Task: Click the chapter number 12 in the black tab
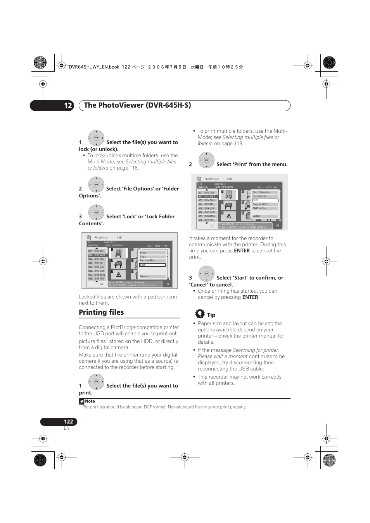68,105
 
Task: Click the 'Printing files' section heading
101,312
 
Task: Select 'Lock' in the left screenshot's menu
152,265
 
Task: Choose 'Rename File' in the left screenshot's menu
152,261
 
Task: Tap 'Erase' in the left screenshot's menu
152,252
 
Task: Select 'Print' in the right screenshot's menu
265,200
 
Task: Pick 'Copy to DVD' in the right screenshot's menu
265,204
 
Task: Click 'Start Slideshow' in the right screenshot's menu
265,192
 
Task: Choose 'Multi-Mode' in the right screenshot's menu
265,208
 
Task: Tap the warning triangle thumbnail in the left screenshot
119,274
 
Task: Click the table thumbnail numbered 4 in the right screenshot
229,206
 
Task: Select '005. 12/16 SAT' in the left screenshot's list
97,267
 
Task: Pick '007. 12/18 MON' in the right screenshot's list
207,216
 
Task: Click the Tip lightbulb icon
200,314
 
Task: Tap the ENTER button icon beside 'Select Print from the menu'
206,160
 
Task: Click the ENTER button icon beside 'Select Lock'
96,213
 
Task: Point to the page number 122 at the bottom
68,422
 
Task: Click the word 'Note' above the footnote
90,401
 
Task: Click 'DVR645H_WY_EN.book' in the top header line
94,67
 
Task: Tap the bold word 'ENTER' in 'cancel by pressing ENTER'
250,297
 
